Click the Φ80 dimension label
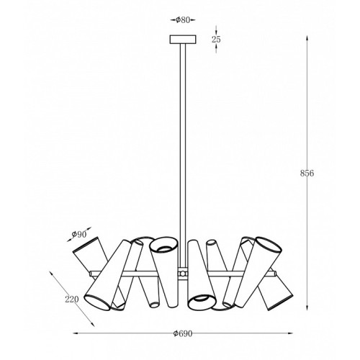pos(183,20)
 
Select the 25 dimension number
pos(216,40)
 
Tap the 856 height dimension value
pos(307,173)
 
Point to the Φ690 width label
pos(183,333)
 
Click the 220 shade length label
pos(72,300)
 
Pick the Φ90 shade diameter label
pos(79,234)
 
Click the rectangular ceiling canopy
pos(183,40)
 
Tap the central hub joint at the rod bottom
pos(183,273)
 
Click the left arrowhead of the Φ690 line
pos(75,333)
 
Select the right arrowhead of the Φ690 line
pos(291,333)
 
